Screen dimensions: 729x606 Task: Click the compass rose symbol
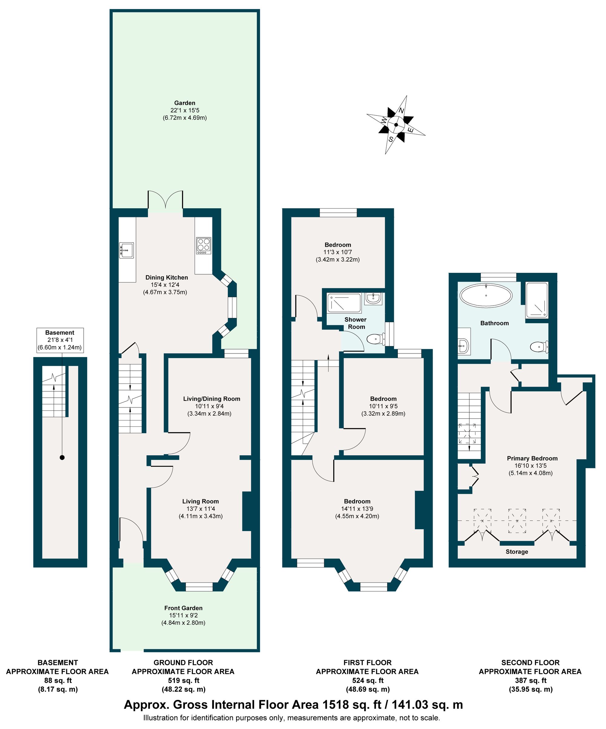(396, 125)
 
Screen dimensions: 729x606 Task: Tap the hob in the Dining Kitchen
(203, 245)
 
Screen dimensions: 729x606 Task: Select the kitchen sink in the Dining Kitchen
(127, 250)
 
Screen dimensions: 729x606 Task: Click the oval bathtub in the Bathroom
(486, 296)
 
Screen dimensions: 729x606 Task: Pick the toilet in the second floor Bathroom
(539, 346)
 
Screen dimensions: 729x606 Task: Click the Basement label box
(60, 340)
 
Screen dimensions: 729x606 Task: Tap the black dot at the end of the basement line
(62, 457)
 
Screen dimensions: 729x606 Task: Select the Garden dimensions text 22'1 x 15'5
(185, 110)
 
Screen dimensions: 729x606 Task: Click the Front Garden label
(183, 608)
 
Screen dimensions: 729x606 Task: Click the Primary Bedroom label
(532, 458)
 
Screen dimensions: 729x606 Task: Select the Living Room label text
(200, 501)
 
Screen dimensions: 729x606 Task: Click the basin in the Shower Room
(374, 298)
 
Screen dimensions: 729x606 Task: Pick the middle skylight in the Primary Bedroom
(517, 521)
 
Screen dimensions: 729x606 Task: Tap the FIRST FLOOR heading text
(367, 662)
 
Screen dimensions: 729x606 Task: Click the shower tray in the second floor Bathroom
(537, 300)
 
